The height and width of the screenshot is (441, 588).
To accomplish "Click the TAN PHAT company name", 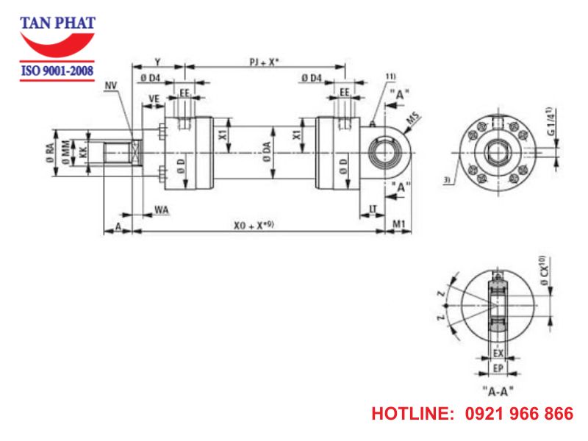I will coord(57,22).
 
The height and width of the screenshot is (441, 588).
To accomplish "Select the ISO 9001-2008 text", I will coord(57,71).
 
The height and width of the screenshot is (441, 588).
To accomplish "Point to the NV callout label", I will coord(111,87).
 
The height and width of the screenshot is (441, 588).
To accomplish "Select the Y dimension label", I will coord(157,62).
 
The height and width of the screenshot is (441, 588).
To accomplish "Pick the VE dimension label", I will coord(154,98).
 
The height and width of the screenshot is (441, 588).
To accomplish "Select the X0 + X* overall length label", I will coord(254,226).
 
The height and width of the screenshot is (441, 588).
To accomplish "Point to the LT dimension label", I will coord(373,209).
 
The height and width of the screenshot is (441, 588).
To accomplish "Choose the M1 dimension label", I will coord(398,223).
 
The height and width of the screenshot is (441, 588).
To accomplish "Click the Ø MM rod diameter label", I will coord(67,154).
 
